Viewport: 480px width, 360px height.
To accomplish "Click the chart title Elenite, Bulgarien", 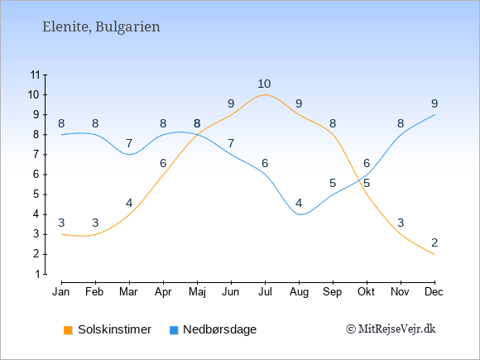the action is [101, 27].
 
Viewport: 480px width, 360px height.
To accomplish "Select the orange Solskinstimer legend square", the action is [68, 330].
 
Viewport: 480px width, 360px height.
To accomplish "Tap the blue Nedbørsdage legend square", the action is [174, 330].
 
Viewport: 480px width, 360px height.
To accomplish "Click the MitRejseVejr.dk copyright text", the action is [391, 329].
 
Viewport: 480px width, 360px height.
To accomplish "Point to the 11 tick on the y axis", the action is [36, 74].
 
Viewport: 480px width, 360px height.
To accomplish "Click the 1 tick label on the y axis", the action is [37, 274].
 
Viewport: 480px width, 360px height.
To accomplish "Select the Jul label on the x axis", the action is [265, 292].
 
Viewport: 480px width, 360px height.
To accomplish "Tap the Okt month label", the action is [366, 292].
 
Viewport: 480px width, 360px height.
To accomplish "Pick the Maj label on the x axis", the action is [197, 292].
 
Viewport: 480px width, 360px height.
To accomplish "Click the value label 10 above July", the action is [264, 84].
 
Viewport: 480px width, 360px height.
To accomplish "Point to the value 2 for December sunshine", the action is [434, 242].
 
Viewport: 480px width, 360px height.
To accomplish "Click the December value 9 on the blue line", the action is [434, 103].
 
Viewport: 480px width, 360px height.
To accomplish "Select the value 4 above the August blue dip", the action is [299, 203].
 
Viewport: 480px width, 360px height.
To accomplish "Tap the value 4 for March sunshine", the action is [129, 203].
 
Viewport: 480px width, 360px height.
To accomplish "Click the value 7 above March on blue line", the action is [129, 143].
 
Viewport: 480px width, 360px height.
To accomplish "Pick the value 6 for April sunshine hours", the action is [163, 163].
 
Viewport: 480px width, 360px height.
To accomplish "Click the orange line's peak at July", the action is [265, 94].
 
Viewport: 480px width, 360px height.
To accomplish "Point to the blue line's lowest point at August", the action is [300, 214].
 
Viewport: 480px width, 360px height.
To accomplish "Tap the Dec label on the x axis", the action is [434, 292].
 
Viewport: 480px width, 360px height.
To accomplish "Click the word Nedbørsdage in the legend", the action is [220, 329].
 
